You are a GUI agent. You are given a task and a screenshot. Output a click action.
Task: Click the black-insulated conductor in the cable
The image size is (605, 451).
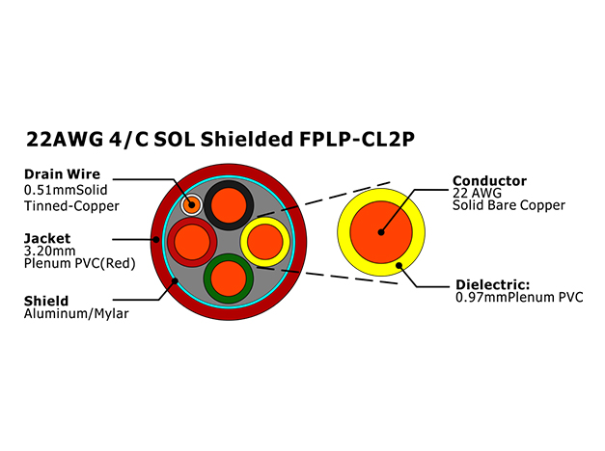(229, 205)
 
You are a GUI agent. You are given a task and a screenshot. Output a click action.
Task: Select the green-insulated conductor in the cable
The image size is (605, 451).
(229, 279)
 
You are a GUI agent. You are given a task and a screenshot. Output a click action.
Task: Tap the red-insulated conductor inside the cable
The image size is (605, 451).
(192, 242)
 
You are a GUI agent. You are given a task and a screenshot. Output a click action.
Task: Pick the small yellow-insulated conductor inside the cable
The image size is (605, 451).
(265, 242)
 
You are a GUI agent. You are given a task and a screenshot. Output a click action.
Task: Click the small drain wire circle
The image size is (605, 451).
(192, 204)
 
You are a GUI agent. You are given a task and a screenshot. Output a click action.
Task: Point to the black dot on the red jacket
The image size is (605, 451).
(156, 239)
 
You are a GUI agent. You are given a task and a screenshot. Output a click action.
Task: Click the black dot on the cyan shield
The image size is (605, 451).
(175, 281)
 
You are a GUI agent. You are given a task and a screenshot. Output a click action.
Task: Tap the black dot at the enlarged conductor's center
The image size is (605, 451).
(381, 232)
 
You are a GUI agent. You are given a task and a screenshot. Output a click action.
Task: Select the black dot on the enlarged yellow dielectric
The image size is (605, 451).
(399, 265)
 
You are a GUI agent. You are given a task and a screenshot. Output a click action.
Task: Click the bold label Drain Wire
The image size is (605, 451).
(62, 173)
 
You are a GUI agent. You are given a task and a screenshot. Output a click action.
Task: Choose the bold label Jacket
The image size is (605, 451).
(47, 238)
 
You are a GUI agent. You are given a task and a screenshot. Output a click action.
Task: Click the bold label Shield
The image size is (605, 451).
(46, 301)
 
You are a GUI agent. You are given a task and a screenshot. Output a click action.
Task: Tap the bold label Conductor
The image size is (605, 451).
(489, 181)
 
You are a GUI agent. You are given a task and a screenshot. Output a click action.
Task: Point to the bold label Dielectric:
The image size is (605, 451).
(493, 284)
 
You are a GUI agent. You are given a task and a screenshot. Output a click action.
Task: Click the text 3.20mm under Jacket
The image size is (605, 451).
(50, 251)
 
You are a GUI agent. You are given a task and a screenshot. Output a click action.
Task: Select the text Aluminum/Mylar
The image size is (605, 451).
(76, 313)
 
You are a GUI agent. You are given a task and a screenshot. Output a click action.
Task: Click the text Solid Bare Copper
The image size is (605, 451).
(509, 205)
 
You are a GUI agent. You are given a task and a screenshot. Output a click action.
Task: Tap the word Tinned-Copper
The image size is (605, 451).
(71, 206)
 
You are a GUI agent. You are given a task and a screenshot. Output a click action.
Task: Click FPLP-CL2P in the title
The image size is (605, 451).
(357, 139)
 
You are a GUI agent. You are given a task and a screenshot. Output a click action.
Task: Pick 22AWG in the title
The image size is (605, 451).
(65, 139)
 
